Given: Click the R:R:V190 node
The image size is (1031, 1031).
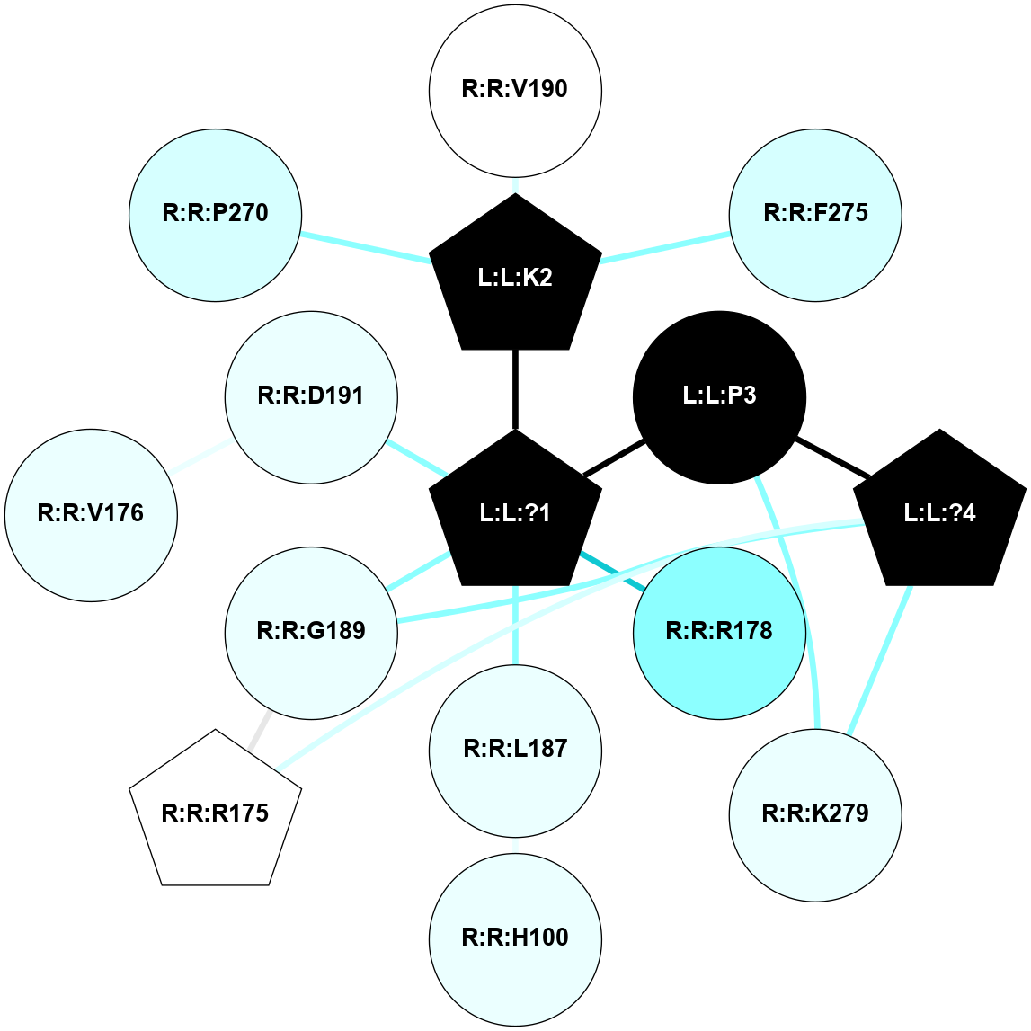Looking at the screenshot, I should pos(515,90).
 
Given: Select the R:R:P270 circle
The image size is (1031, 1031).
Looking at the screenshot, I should pos(216,215).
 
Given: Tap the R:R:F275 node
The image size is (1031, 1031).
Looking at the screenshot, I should pos(815,215).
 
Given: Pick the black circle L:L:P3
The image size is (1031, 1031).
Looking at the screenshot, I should pos(719,397).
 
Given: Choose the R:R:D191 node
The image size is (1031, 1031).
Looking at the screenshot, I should pos(311,397).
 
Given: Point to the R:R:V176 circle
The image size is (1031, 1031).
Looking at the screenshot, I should pos(91,514).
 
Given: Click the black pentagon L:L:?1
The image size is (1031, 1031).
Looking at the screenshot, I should pos(515,513).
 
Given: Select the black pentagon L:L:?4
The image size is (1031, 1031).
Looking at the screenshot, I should pos(939,513).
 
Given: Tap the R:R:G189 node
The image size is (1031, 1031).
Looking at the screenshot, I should pos(311,633).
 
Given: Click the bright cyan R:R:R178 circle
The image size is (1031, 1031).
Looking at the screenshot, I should pos(719,633).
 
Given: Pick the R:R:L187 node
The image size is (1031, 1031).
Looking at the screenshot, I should pos(515,750).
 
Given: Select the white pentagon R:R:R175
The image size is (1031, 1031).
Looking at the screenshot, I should pos(216,813).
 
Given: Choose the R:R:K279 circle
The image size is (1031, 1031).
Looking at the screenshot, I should pos(815,814).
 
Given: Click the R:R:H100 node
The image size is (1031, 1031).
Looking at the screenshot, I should pos(515,938).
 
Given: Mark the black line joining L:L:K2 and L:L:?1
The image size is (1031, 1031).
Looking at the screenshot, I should pos(515,388).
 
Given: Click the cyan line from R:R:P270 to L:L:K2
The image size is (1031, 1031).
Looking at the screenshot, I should pos(364,247).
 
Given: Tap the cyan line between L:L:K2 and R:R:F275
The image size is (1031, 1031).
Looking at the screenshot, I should pos(665,248).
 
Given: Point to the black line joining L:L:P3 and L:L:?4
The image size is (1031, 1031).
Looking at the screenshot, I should pos(832,458).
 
